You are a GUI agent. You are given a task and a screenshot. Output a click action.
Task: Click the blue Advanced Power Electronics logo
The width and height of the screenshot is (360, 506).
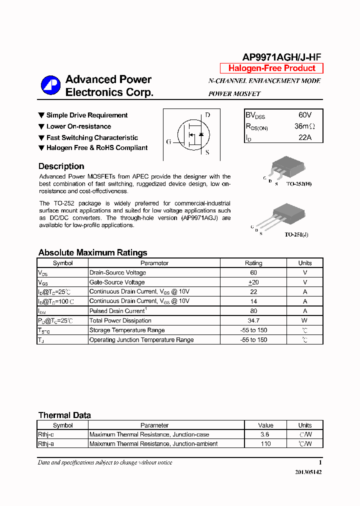50,85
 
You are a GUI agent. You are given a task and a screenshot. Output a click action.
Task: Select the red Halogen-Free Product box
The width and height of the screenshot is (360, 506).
271,68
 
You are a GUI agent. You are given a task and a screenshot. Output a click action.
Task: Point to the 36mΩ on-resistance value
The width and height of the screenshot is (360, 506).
304,126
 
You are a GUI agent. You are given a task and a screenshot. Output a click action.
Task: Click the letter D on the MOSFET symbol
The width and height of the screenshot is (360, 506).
207,115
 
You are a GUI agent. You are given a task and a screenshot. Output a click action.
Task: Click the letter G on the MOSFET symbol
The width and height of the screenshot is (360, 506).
169,142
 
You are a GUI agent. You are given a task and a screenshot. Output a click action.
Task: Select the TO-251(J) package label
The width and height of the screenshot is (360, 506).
296,234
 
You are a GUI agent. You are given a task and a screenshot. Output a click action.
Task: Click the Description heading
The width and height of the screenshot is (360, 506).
61,166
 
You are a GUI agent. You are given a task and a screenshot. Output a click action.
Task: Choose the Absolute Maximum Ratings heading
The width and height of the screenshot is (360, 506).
92,252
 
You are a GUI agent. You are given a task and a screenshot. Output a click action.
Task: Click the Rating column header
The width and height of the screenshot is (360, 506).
253,263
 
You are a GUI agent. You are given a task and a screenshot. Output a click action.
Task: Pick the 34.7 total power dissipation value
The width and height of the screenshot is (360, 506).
253,320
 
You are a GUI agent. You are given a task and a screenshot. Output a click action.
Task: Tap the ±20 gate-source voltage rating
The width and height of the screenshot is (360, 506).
253,282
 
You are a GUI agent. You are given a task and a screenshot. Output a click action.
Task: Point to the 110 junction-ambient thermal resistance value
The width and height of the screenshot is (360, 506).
265,444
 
